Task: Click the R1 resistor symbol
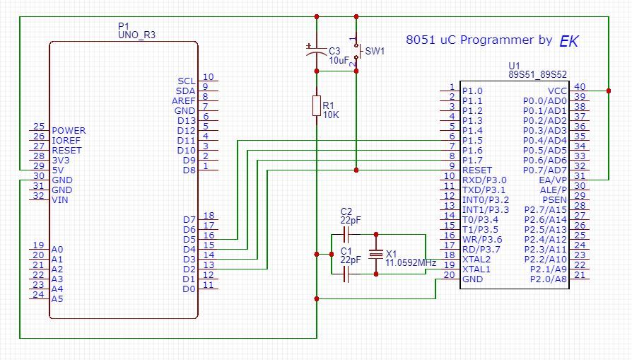pos(317,105)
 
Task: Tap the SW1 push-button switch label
pos(374,52)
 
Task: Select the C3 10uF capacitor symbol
pos(317,51)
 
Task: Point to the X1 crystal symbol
pos(375,253)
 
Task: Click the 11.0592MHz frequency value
pos(411,262)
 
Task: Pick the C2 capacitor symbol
pos(346,233)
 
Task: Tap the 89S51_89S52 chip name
pos(537,74)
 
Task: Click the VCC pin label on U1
pos(557,91)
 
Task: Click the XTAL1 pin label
pos(476,269)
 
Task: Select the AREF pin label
pos(183,101)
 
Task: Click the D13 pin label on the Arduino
pos(186,121)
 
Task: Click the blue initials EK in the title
pos(568,41)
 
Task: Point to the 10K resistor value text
pos(332,115)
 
